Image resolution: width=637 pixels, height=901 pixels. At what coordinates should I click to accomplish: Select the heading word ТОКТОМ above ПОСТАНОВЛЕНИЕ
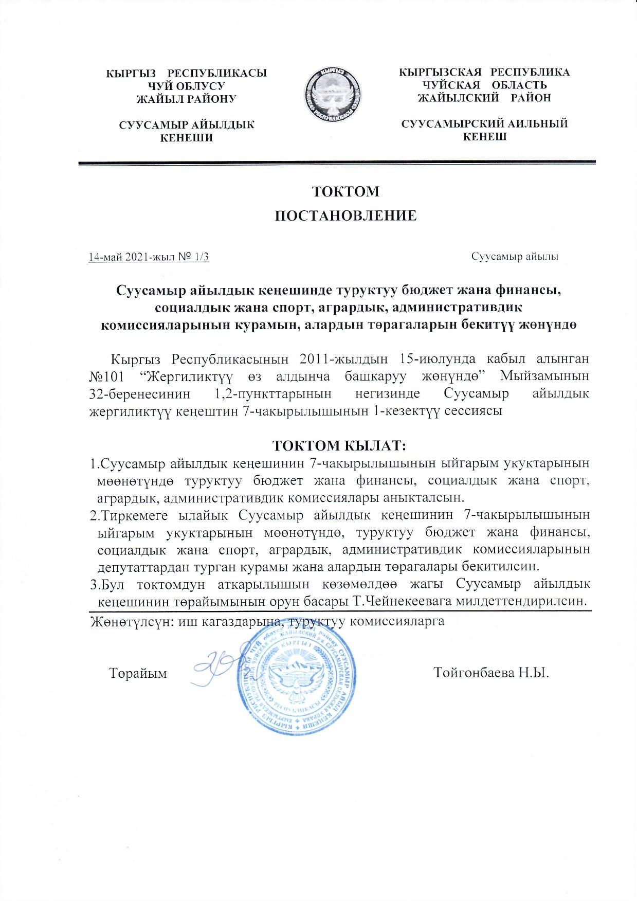346,191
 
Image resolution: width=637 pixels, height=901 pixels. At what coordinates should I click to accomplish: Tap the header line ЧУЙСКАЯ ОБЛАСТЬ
484,85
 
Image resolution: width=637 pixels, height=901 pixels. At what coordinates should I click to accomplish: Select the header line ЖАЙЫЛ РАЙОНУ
185,99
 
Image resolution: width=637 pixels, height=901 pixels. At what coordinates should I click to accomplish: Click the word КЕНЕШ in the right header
485,136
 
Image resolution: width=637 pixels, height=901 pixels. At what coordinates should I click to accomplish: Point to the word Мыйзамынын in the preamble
545,376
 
